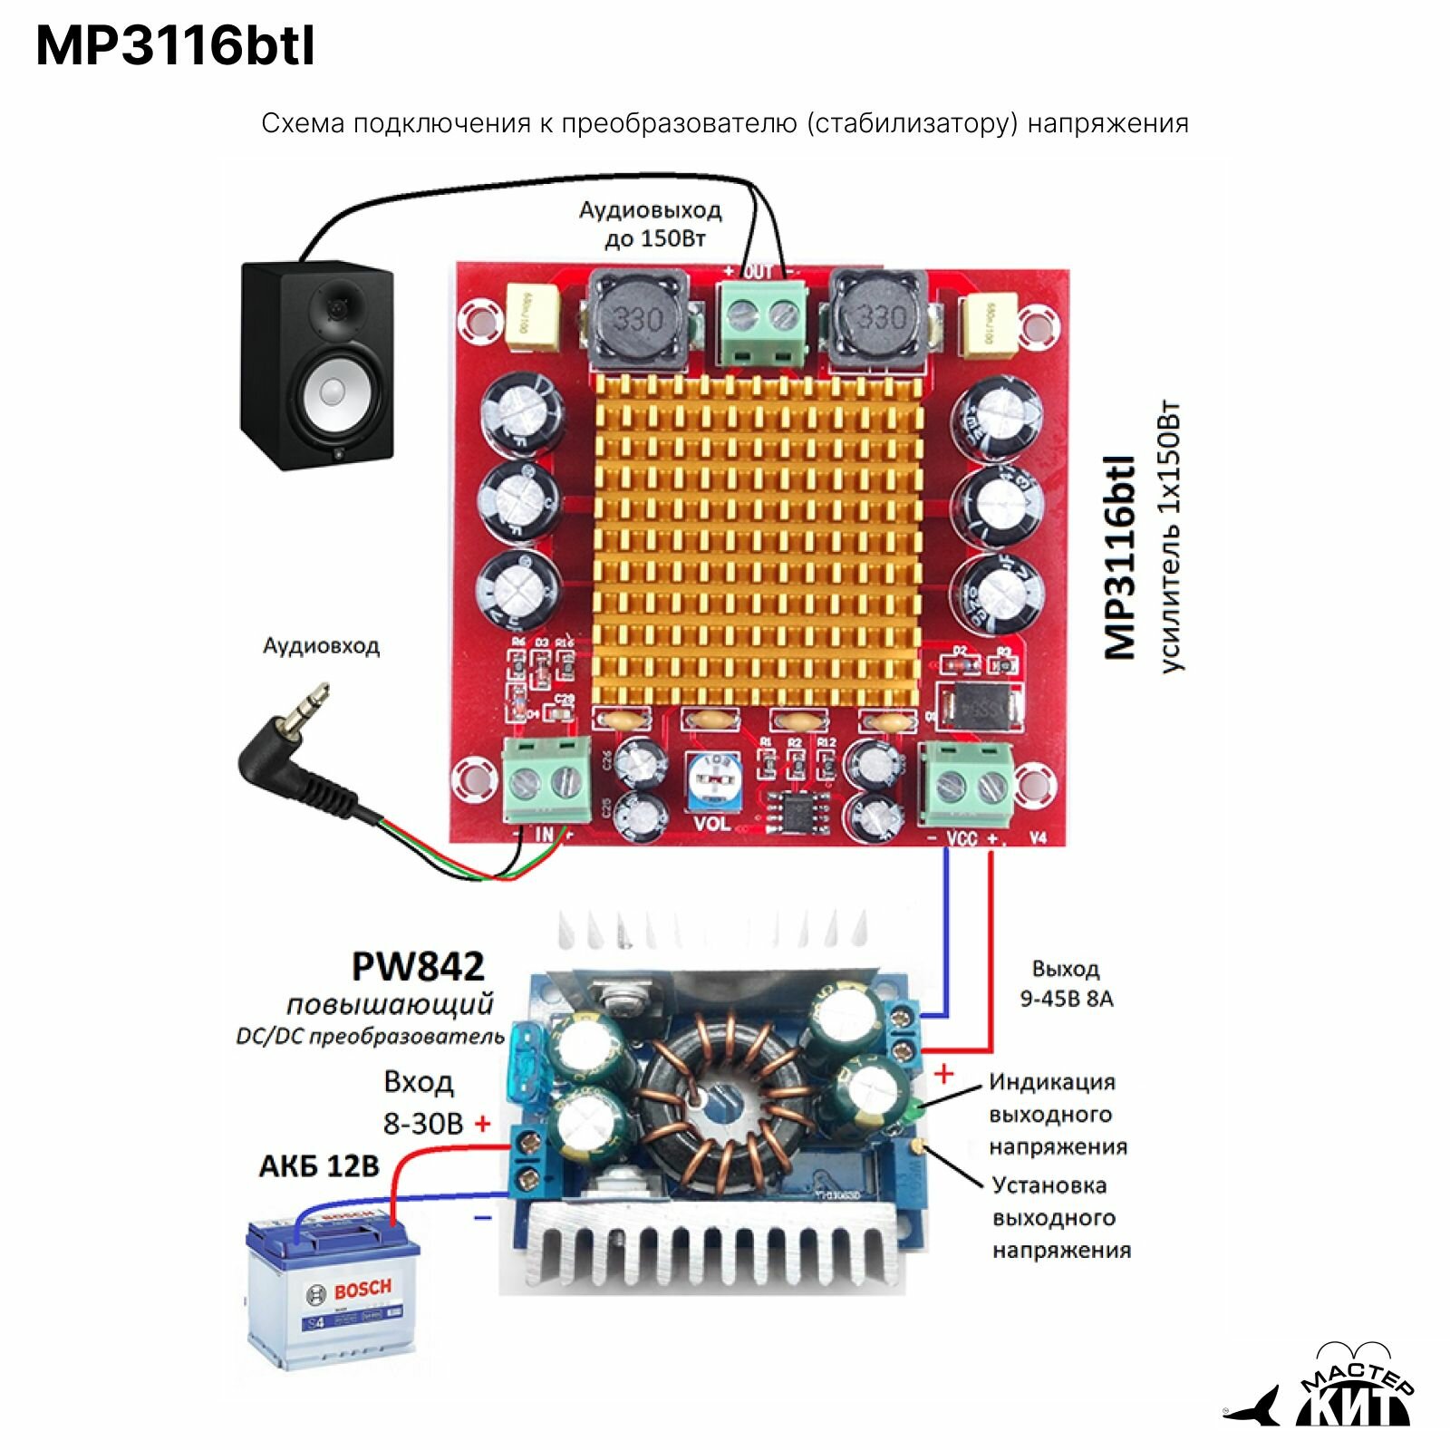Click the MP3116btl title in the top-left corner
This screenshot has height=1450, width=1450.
[176, 46]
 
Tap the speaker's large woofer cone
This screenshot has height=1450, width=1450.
[333, 392]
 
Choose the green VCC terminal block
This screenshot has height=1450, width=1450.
[966, 782]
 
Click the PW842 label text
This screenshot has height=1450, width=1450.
[418, 967]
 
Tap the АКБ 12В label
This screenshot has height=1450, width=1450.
[319, 1165]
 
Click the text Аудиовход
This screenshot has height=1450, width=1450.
[321, 646]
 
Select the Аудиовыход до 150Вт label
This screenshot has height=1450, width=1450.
[651, 224]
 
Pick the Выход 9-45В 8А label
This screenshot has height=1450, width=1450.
[1066, 984]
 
